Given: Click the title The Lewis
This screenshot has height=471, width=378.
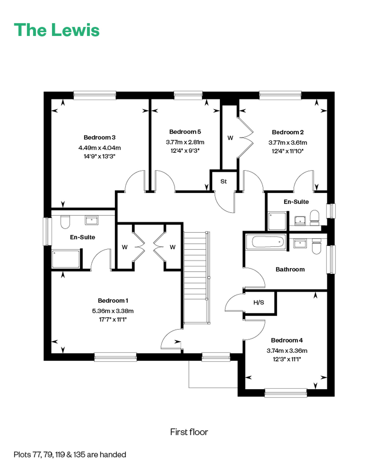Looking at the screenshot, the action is coord(57,30).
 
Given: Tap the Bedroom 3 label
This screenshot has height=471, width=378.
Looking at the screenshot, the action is coord(100,137).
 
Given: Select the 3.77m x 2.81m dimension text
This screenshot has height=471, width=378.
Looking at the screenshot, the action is coord(185,142).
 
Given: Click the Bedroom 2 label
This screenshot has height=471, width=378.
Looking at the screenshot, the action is coord(288,132).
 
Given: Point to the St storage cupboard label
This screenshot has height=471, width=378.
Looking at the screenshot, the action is coord(224,181).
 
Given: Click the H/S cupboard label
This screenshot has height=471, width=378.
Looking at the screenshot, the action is coord(259,302).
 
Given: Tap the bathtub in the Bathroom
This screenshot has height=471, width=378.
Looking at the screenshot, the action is coord(266,242).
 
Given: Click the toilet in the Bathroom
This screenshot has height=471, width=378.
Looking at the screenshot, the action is coord(317,246).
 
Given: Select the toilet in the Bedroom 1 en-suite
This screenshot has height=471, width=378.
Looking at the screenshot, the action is coord(65,222).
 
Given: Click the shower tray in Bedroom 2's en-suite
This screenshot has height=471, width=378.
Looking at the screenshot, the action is coord(277,221).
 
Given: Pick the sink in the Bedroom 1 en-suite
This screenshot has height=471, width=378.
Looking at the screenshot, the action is coord(91,220).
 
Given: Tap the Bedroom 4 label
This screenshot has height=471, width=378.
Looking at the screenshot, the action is coord(287,340).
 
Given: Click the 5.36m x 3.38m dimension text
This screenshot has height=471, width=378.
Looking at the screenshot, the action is coord(113,311).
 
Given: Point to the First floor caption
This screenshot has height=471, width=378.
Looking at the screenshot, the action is coord(189,432).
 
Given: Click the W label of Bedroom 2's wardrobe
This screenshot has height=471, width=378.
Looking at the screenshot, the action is coord(230,138).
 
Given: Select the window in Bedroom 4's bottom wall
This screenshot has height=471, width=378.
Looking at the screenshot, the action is coord(286,393).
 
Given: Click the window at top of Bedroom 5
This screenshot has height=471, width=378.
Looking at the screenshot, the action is coord(188,95).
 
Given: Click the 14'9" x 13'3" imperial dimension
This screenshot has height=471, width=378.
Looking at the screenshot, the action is coord(100,156).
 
